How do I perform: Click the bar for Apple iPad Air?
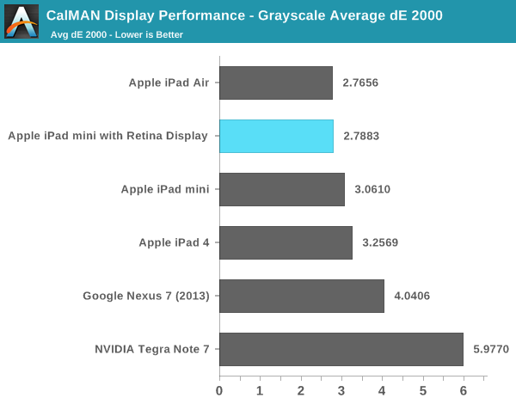tap(276, 83)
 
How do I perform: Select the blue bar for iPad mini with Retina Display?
tap(276, 136)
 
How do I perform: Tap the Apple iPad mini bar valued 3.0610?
tap(282, 189)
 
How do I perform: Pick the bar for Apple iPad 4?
tap(286, 242)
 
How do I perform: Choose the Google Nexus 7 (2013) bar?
tap(302, 296)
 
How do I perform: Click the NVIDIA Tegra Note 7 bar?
tap(341, 349)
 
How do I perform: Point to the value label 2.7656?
tap(360, 83)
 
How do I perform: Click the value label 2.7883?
tap(361, 137)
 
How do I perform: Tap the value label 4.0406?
tap(412, 297)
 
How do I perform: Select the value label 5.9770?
tap(491, 350)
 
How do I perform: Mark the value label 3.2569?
tap(380, 243)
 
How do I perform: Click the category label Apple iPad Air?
tap(169, 83)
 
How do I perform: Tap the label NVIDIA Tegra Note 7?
tap(152, 350)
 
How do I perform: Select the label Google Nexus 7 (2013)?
tap(146, 297)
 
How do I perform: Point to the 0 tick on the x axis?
tap(219, 390)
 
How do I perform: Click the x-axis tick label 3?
tap(341, 390)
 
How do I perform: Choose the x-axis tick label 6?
tap(464, 390)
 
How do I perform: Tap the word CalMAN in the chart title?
tap(71, 15)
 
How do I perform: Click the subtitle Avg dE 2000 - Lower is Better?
tap(116, 34)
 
